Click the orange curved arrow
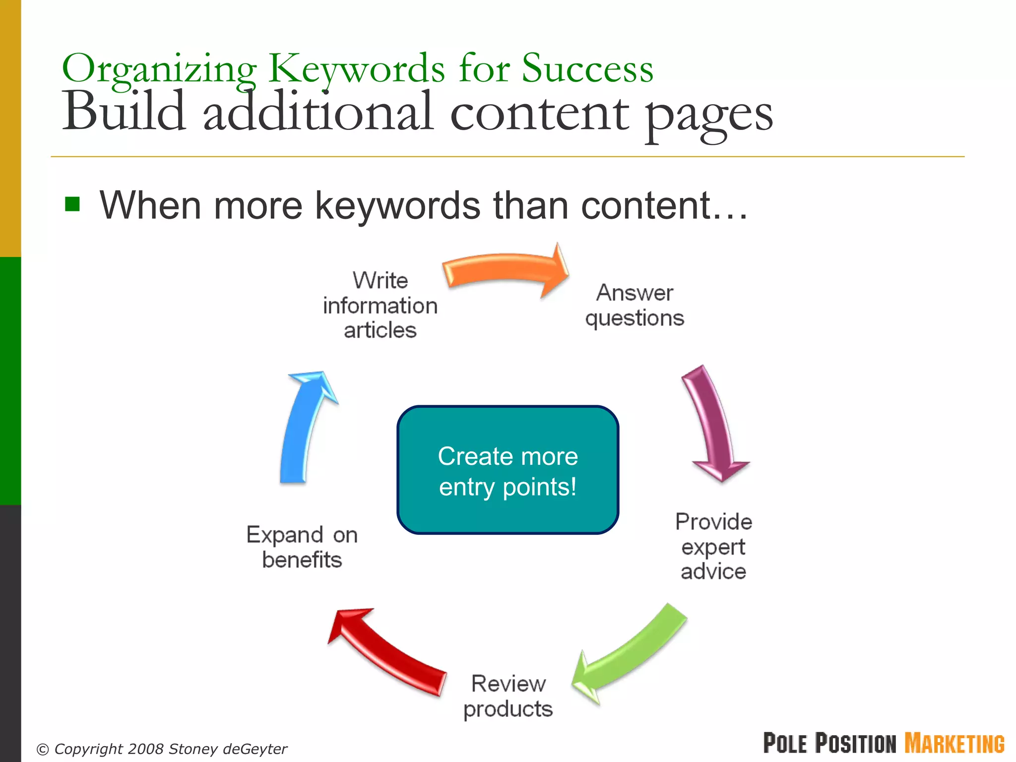point(504,270)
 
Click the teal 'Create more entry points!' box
point(508,470)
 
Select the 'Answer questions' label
point(635,305)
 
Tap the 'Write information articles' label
point(380,305)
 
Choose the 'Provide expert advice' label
point(713,546)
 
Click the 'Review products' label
point(508,696)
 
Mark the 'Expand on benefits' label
point(302,547)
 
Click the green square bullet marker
point(72,204)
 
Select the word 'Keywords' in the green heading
point(356,69)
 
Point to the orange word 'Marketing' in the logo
point(954,743)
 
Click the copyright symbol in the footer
point(43,749)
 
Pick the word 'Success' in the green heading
point(587,69)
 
